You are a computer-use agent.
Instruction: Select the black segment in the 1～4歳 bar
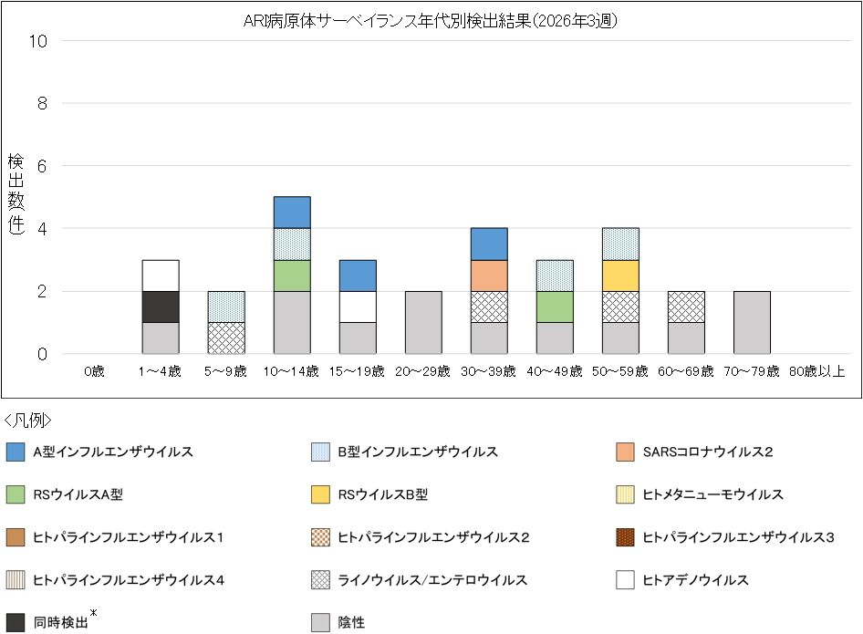(x=161, y=307)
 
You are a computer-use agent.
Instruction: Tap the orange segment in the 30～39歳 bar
(x=489, y=275)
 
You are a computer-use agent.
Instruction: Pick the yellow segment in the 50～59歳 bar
(x=620, y=275)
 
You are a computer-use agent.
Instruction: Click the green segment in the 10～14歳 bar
(x=292, y=275)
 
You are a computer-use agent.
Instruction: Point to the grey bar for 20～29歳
(x=423, y=323)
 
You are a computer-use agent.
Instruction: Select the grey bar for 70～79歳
(x=752, y=323)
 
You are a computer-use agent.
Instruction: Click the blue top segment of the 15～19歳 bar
(x=358, y=275)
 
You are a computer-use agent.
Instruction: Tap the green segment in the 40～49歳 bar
(x=555, y=307)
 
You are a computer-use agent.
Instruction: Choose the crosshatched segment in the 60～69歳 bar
(x=686, y=307)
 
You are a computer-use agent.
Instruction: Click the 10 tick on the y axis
(x=42, y=41)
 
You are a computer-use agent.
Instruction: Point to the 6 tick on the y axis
(x=42, y=166)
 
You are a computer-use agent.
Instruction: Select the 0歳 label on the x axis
(x=95, y=371)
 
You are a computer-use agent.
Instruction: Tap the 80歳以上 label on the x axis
(x=816, y=371)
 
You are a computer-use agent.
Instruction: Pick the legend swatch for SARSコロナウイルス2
(x=625, y=452)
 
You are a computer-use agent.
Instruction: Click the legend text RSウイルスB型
(x=383, y=494)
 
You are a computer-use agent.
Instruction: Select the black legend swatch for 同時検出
(x=15, y=623)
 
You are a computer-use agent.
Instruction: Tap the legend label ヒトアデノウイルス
(x=696, y=580)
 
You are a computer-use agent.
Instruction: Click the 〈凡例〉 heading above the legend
(x=28, y=421)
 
